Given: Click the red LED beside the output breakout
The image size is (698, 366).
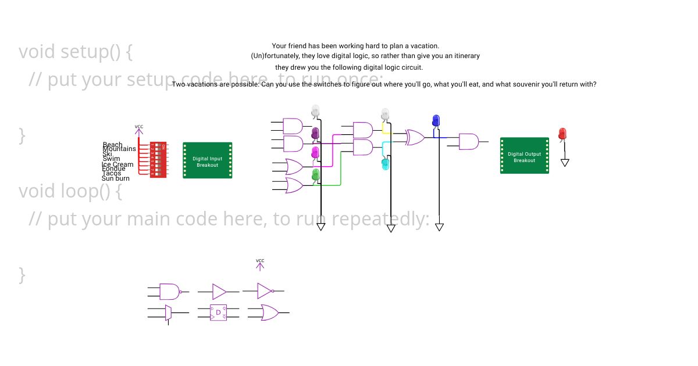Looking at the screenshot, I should click(x=562, y=134).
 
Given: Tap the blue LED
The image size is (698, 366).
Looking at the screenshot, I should click(x=436, y=121).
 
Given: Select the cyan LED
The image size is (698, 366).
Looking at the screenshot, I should click(x=385, y=164).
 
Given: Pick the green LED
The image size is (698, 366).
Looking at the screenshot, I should click(x=316, y=174).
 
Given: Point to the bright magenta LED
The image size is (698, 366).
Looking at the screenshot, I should click(x=315, y=152).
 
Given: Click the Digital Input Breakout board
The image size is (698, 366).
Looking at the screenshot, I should click(x=208, y=160).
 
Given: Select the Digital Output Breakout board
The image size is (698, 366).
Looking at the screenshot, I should click(x=525, y=156).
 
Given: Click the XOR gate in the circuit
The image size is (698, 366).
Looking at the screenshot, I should click(x=415, y=138).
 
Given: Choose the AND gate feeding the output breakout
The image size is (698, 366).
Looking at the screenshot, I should click(x=468, y=141).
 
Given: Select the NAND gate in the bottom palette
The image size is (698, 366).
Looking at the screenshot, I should click(x=170, y=291).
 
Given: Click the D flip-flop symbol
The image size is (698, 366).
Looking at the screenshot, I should click(x=219, y=313).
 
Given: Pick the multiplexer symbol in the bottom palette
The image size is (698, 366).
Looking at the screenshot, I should click(x=168, y=313).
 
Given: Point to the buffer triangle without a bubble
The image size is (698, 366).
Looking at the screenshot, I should click(x=219, y=291).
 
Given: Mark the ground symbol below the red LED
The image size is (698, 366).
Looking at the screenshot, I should click(x=564, y=163).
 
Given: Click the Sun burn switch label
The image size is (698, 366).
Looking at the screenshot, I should click(x=116, y=178).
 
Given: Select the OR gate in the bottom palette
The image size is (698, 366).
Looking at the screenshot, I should click(x=269, y=313).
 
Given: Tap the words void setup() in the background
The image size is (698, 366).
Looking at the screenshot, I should click(x=76, y=52).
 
